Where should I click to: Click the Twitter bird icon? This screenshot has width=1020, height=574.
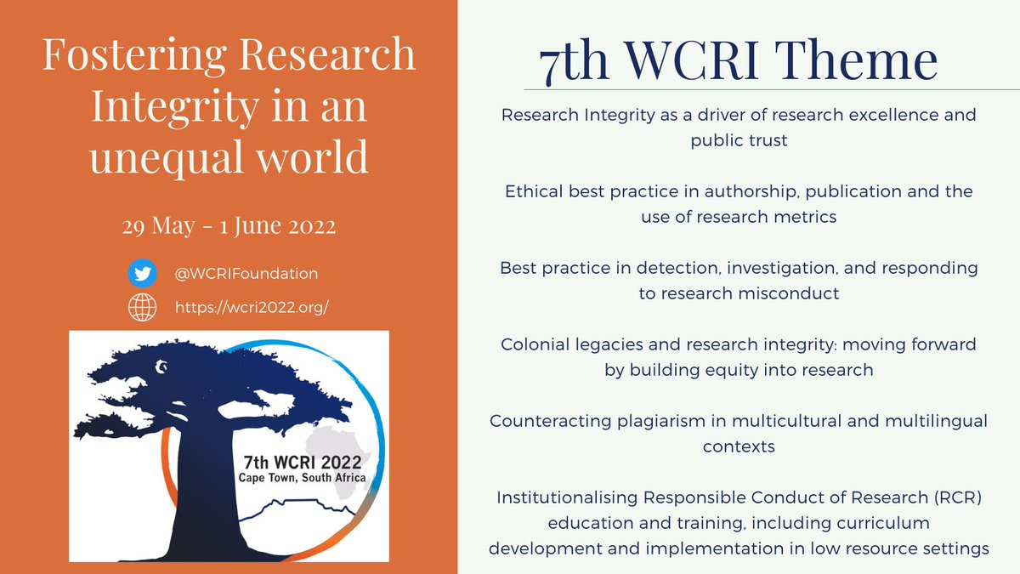142,274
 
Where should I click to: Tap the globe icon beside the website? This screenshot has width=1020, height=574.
142,308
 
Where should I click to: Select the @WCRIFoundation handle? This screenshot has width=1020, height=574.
246,274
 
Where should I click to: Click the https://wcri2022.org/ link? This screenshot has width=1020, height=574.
252,308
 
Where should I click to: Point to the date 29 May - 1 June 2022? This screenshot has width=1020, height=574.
229,228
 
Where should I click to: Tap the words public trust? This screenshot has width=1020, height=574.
739,141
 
